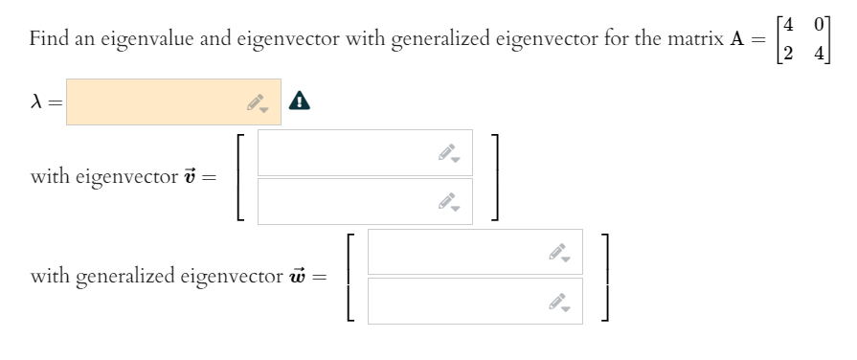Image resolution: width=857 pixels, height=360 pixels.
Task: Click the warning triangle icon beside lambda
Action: click(301, 100)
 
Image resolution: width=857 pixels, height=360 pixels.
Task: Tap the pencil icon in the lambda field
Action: click(257, 102)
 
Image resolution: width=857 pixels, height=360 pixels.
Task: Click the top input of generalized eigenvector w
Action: click(460, 252)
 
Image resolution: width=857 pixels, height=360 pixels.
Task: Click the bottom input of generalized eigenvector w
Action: click(460, 301)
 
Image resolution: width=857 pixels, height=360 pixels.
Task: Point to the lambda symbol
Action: click(37, 101)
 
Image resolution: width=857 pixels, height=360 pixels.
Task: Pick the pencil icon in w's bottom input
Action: click(559, 302)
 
